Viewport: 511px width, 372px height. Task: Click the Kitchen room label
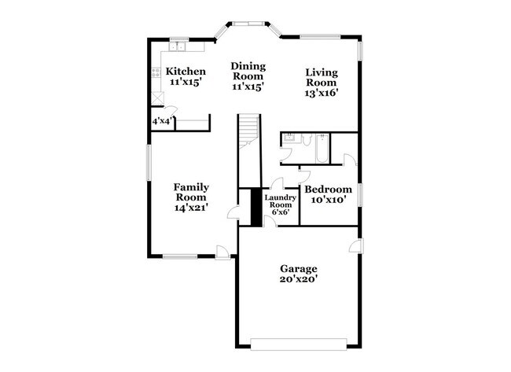point(186,72)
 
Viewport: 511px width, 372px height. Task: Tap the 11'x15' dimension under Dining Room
point(248,87)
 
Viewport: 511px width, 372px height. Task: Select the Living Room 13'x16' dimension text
point(322,93)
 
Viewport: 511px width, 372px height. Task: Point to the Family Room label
point(191,192)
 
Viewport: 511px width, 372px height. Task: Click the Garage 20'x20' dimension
point(299,279)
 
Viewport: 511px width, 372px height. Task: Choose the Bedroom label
point(328,190)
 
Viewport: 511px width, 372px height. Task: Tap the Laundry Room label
point(281,201)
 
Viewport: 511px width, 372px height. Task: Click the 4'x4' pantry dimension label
point(162,121)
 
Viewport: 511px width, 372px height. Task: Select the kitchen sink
point(177,46)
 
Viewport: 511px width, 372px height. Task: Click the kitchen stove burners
point(156,72)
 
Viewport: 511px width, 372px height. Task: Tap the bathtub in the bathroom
point(322,149)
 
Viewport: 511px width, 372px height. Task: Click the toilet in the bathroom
point(307,139)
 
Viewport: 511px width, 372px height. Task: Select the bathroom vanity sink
point(289,138)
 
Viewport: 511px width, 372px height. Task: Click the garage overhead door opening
point(299,344)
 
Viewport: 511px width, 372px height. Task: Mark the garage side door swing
point(355,245)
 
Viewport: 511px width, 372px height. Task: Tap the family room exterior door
point(222,252)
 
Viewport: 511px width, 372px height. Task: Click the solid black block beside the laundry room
point(256,207)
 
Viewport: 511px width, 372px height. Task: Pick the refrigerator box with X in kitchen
point(158,98)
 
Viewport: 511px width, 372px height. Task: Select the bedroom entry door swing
point(304,176)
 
